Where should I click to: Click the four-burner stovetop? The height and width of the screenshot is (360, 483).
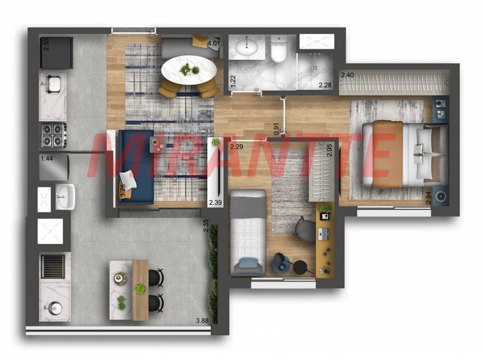click(54, 135)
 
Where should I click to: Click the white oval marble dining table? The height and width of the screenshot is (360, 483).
click(189, 70)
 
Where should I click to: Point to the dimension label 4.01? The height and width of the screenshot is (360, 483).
click(214, 43)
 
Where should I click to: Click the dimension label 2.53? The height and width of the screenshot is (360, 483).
click(46, 44)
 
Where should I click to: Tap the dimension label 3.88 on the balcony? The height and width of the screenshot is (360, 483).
click(202, 320)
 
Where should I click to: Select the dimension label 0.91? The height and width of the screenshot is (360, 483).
click(276, 129)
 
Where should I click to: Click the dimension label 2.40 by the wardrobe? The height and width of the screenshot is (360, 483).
click(347, 75)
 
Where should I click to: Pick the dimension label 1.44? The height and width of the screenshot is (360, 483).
click(47, 159)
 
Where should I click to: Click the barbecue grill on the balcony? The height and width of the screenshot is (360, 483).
click(53, 267)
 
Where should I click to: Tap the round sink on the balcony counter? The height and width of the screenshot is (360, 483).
click(54, 307)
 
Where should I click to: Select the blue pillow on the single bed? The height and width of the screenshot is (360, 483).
click(249, 264)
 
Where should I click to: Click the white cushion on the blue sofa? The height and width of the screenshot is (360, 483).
click(128, 180)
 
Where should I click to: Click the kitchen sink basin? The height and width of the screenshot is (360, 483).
click(53, 84)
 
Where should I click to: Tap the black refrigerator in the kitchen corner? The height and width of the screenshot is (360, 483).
click(57, 53)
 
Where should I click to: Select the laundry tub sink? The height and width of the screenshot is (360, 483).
click(65, 197)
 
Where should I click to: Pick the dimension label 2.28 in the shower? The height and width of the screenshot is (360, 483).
click(325, 85)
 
